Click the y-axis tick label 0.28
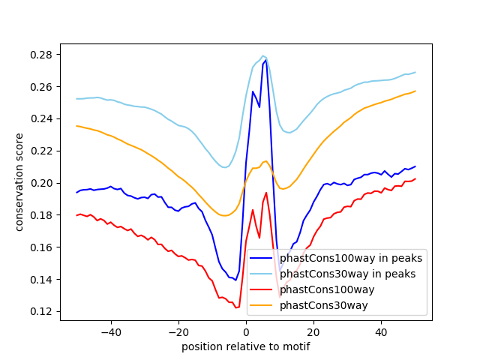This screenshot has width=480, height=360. pos(42,55)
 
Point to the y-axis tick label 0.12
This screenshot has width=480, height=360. pos(42,311)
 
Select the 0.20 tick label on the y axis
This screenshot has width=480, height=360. pos(42,183)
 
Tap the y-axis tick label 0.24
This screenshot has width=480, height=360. pos(42,119)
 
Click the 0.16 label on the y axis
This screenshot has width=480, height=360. pos(42,247)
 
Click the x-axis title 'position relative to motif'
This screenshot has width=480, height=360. pos(245,346)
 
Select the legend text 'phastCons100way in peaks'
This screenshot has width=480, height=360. pos(351,258)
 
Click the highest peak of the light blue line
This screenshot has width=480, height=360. pos(262,55)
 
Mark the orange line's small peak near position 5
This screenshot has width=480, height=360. pos(266,160)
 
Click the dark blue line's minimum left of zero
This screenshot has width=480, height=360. pos(235,280)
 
